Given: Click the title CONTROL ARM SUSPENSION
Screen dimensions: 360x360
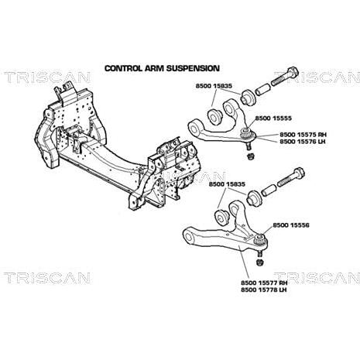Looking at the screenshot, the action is [x=162, y=68].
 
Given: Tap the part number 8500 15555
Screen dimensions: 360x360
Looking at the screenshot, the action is [x=273, y=118].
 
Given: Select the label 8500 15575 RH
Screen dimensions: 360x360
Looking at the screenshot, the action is [x=303, y=135].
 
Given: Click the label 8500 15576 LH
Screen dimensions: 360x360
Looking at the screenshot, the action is [x=303, y=142].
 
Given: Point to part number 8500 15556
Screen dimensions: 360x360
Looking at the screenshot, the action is [x=291, y=225].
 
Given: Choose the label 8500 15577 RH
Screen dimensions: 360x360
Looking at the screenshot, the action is [x=264, y=283].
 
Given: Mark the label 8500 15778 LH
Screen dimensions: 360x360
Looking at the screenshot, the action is [x=264, y=290].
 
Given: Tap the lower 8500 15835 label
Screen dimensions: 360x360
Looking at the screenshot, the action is [x=227, y=184].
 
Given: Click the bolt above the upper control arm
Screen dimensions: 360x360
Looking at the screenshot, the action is [x=285, y=77].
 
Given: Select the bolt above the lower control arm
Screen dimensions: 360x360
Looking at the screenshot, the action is [x=291, y=177].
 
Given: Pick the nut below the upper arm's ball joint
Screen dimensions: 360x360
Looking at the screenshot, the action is [x=250, y=156].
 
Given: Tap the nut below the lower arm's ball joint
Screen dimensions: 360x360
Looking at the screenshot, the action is [x=259, y=262].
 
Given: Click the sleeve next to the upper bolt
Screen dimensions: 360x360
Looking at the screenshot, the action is [x=262, y=90].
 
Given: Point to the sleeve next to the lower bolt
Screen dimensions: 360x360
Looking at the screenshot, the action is [x=269, y=190].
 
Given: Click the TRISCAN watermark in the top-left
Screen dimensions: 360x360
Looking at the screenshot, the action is [x=47, y=77].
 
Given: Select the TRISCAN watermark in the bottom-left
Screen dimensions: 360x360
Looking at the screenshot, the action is [x=47, y=278].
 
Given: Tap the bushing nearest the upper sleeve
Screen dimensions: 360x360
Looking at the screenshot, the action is [x=248, y=98].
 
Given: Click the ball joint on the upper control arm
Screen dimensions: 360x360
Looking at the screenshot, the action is [x=248, y=137].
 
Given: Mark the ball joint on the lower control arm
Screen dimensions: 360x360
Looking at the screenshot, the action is [x=261, y=242].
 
